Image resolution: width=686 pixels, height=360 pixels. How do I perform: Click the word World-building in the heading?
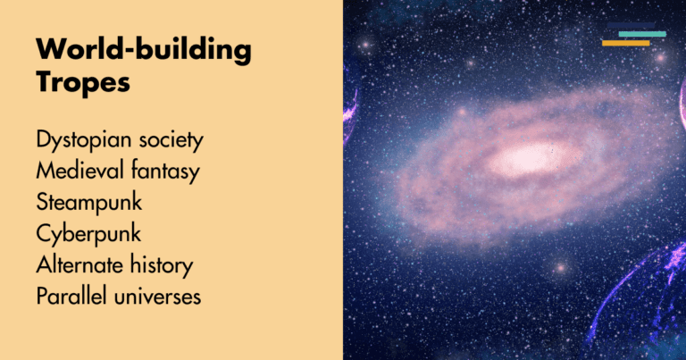(x=144, y=51)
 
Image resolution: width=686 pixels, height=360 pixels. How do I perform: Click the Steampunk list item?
(x=89, y=204)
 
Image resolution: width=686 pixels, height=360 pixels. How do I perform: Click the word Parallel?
(x=69, y=297)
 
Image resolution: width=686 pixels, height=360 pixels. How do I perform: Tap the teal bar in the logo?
(x=642, y=34)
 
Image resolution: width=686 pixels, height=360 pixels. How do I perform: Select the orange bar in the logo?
(x=625, y=43)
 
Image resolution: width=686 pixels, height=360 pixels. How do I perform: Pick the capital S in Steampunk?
(x=43, y=204)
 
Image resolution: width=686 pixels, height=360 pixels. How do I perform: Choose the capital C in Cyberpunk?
(x=45, y=235)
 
